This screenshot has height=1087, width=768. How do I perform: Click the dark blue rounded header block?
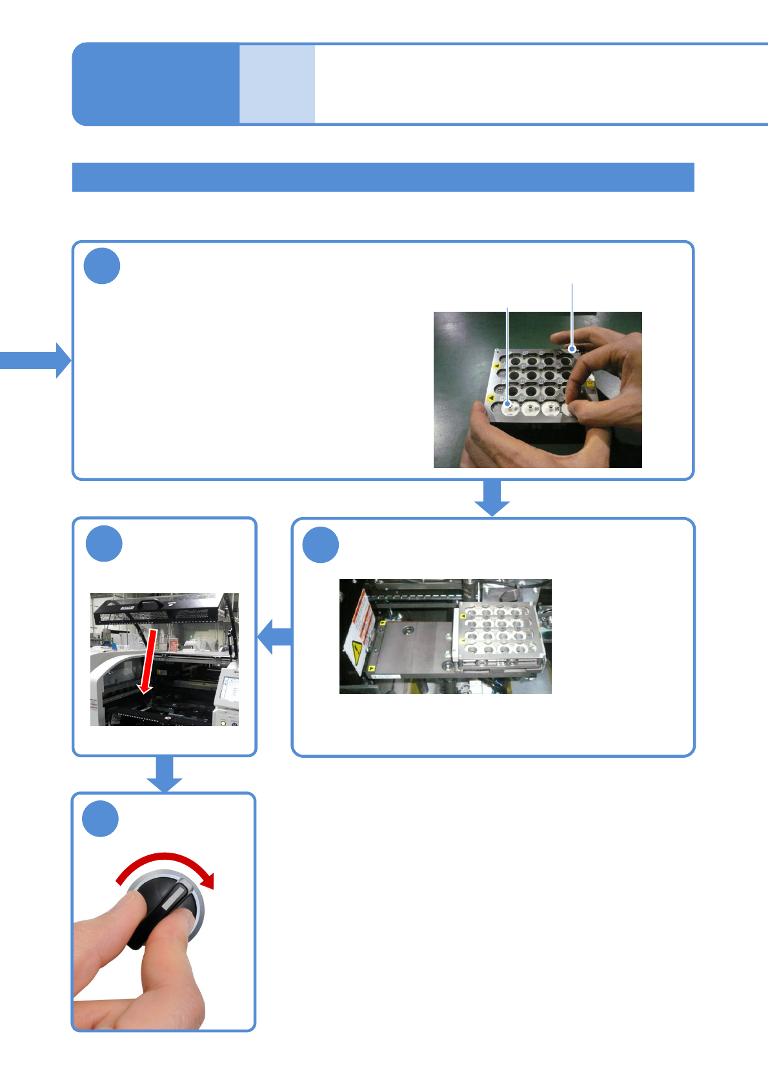pyautogui.click(x=155, y=84)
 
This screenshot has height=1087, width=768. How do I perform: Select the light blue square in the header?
pyautogui.click(x=277, y=84)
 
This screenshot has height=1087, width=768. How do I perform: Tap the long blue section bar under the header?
pyautogui.click(x=383, y=177)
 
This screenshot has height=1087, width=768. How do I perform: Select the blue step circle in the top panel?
pyautogui.click(x=102, y=266)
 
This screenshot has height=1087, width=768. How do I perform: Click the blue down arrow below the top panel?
pyautogui.click(x=492, y=498)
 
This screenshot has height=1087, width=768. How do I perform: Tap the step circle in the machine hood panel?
pyautogui.click(x=104, y=543)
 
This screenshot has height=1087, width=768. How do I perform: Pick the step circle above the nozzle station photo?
pyautogui.click(x=321, y=545)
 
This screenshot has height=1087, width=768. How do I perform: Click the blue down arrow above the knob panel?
pyautogui.click(x=165, y=773)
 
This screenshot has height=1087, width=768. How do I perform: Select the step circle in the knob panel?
pyautogui.click(x=101, y=819)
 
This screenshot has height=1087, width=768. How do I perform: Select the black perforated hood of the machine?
pyautogui.click(x=161, y=609)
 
